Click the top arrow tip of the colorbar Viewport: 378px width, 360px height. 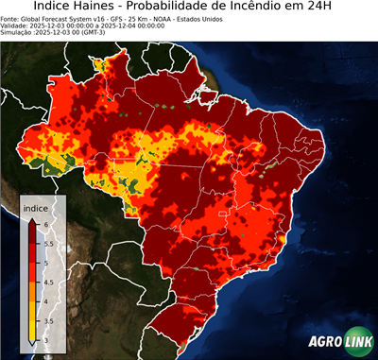click(32, 218)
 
